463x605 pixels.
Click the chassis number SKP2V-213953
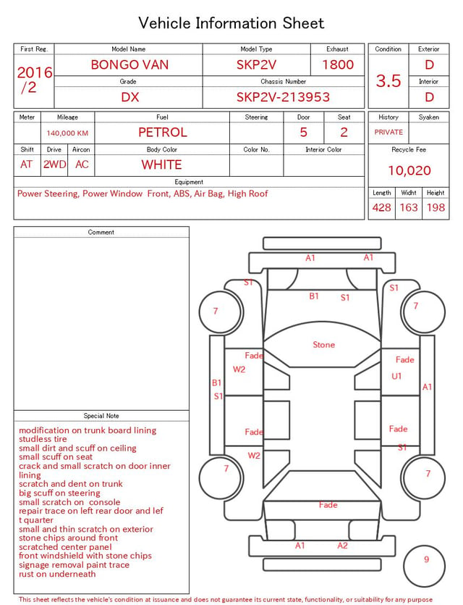tap(283, 97)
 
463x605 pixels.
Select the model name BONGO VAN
tap(129, 64)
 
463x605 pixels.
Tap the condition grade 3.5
tap(388, 80)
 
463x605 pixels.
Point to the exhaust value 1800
tap(338, 64)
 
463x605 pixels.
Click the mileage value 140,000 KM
tap(67, 133)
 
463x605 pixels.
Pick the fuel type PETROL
tap(163, 133)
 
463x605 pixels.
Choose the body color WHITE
tap(161, 164)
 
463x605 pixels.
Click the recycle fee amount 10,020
tap(409, 170)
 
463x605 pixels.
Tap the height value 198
tap(436, 207)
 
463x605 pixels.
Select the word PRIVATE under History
tap(388, 132)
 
